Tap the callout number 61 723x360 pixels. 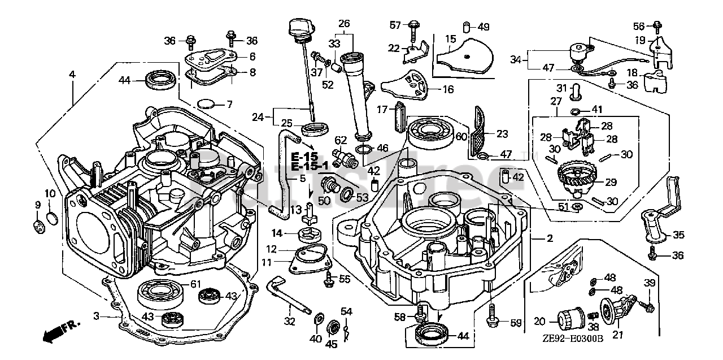[x=195, y=284]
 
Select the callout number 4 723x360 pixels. [x=72, y=74]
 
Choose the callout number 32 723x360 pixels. [x=289, y=322]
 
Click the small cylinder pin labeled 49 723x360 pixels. [x=466, y=27]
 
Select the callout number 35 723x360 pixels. [x=678, y=235]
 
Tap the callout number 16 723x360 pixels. [x=447, y=89]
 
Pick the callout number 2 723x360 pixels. [x=550, y=238]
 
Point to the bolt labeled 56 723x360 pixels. [x=657, y=26]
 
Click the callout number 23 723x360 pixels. [x=502, y=134]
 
